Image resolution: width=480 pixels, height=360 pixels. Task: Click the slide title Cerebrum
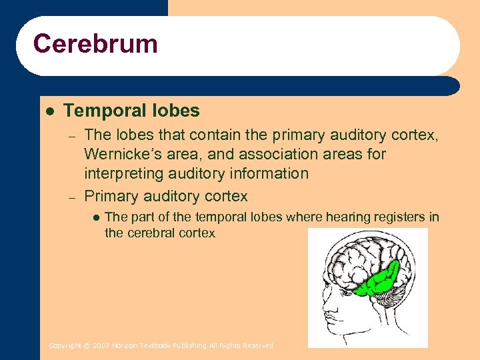(95, 44)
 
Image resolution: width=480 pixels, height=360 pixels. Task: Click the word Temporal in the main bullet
(98, 111)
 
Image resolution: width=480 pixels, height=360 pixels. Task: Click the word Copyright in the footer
(65, 345)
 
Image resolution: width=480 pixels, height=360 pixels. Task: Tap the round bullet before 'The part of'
(95, 217)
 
